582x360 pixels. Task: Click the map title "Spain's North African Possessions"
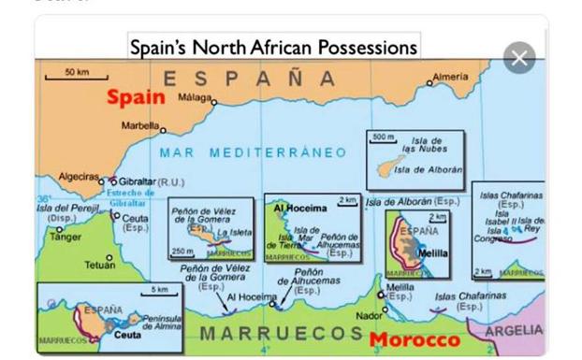pos(272,46)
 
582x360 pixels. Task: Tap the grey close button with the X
pos(519,59)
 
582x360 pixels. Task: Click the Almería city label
pos(450,77)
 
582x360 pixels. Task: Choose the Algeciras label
pos(79,176)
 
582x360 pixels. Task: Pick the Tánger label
pos(65,237)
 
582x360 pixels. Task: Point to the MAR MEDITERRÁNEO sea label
pos(253,151)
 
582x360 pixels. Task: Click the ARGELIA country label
pos(514,331)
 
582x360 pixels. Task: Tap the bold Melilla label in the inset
pos(432,252)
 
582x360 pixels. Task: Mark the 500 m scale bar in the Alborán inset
pos(384,138)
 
